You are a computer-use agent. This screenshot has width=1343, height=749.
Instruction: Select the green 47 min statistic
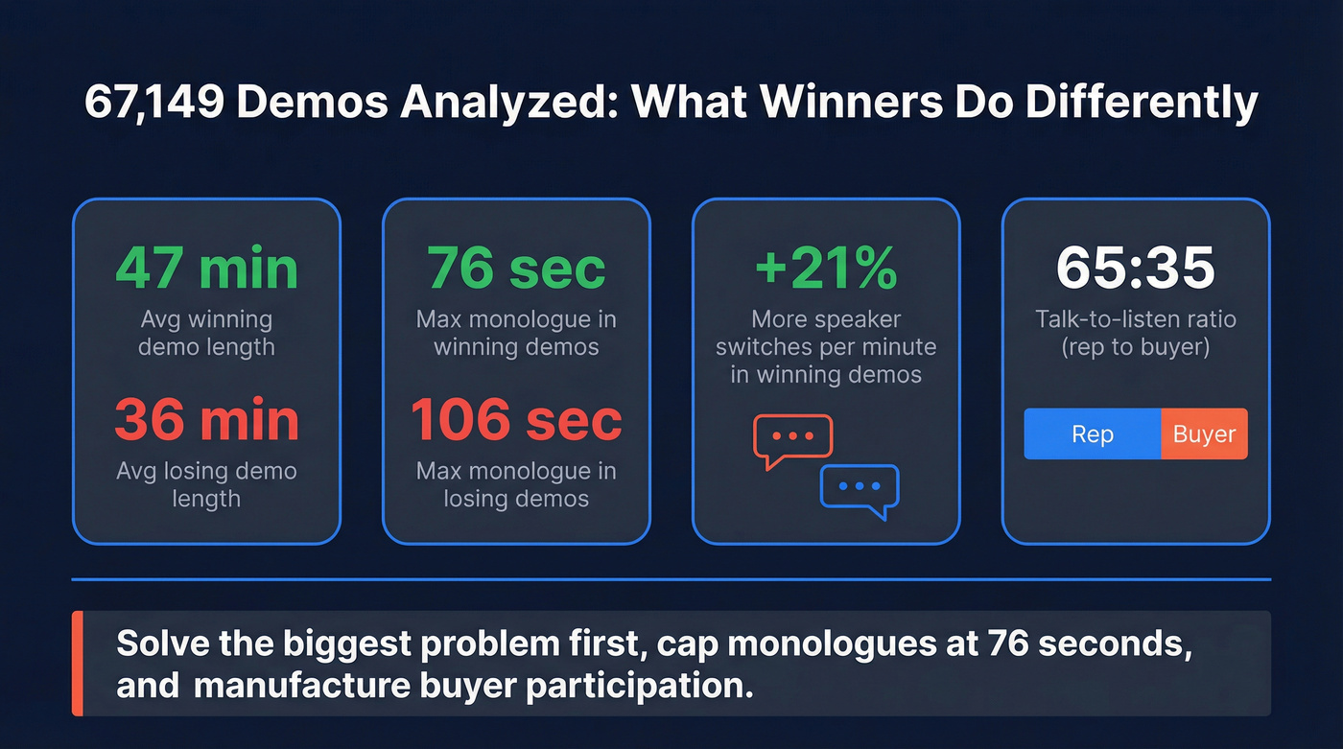point(206,268)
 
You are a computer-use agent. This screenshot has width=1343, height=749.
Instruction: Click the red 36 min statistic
point(206,420)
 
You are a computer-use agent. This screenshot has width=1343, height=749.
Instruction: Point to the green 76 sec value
point(516,268)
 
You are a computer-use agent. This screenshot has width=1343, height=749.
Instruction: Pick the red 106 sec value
point(516,420)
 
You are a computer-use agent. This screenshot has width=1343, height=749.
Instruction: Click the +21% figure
point(826,268)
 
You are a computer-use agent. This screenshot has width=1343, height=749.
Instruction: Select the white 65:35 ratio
point(1136,268)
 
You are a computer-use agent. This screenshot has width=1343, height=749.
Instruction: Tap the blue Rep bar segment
point(1093,434)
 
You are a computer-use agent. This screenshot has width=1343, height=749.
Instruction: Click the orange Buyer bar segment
point(1204,434)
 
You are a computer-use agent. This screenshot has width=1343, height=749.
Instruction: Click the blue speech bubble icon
point(860,490)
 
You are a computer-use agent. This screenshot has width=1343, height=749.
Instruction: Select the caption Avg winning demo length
point(206,333)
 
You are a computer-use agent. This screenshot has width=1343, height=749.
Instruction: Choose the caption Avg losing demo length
point(206,484)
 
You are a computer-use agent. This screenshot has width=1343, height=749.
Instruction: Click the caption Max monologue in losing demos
point(516,484)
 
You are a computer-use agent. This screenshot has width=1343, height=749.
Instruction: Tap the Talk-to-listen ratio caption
point(1136,333)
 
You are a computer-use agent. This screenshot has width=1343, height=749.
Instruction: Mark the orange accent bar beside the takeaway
point(78,664)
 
